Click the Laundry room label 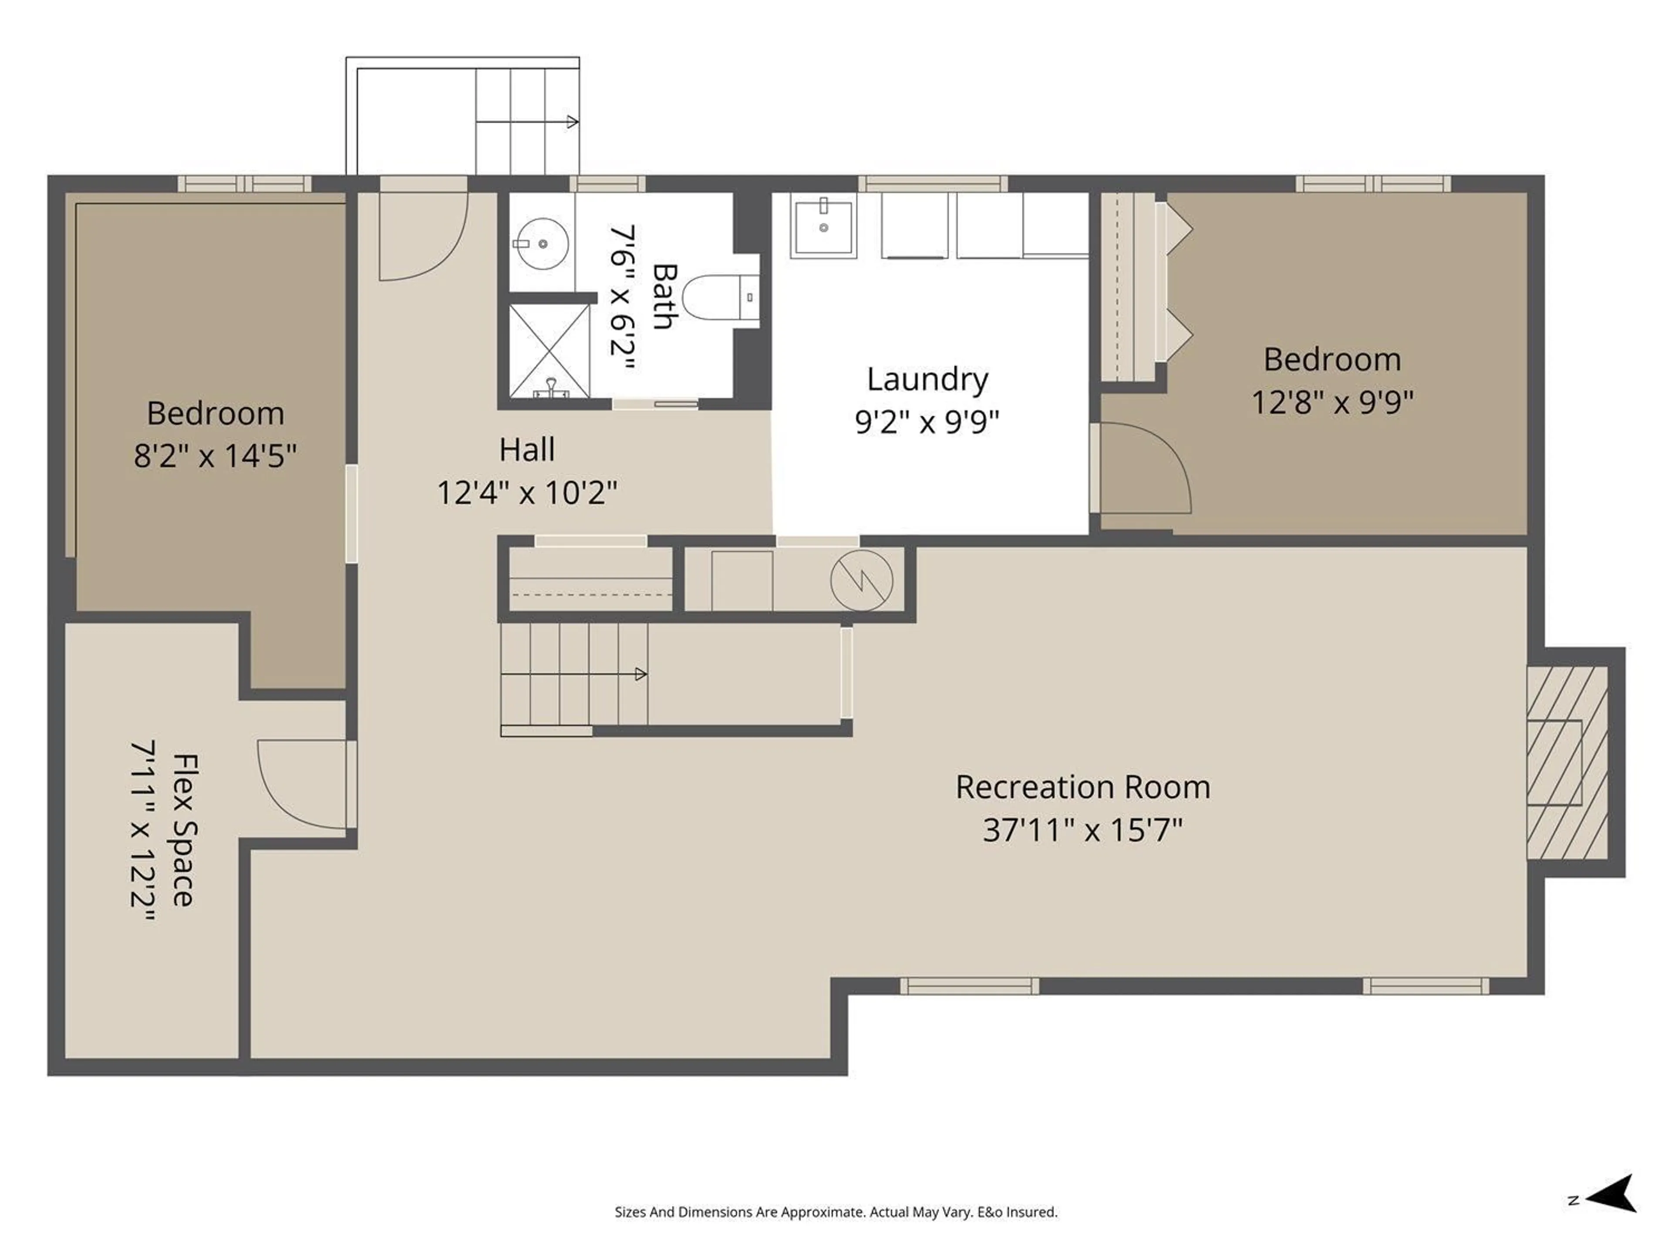pyautogui.click(x=927, y=379)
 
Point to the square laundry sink pyautogui.click(x=823, y=225)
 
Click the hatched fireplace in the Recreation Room pyautogui.click(x=1566, y=762)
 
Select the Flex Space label pyautogui.click(x=185, y=829)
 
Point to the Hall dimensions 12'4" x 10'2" pyautogui.click(x=527, y=493)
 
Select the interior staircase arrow pyautogui.click(x=640, y=674)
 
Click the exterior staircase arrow pyautogui.click(x=571, y=121)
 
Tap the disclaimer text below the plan pyautogui.click(x=835, y=1212)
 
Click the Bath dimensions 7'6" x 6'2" pyautogui.click(x=622, y=297)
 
